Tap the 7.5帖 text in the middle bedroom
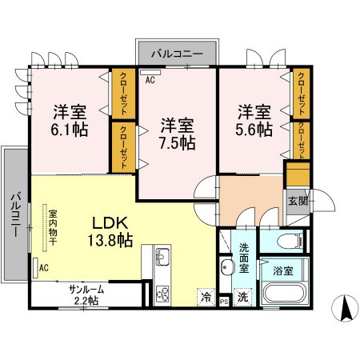pyautogui.click(x=177, y=144)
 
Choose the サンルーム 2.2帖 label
pyautogui.click(x=84, y=295)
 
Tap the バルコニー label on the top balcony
pyautogui.click(x=178, y=54)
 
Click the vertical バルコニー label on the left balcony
pyautogui.click(x=15, y=214)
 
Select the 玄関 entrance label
pyautogui.click(x=297, y=201)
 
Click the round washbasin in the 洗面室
pyautogui.click(x=226, y=267)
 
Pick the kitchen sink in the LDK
pyautogui.click(x=162, y=258)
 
